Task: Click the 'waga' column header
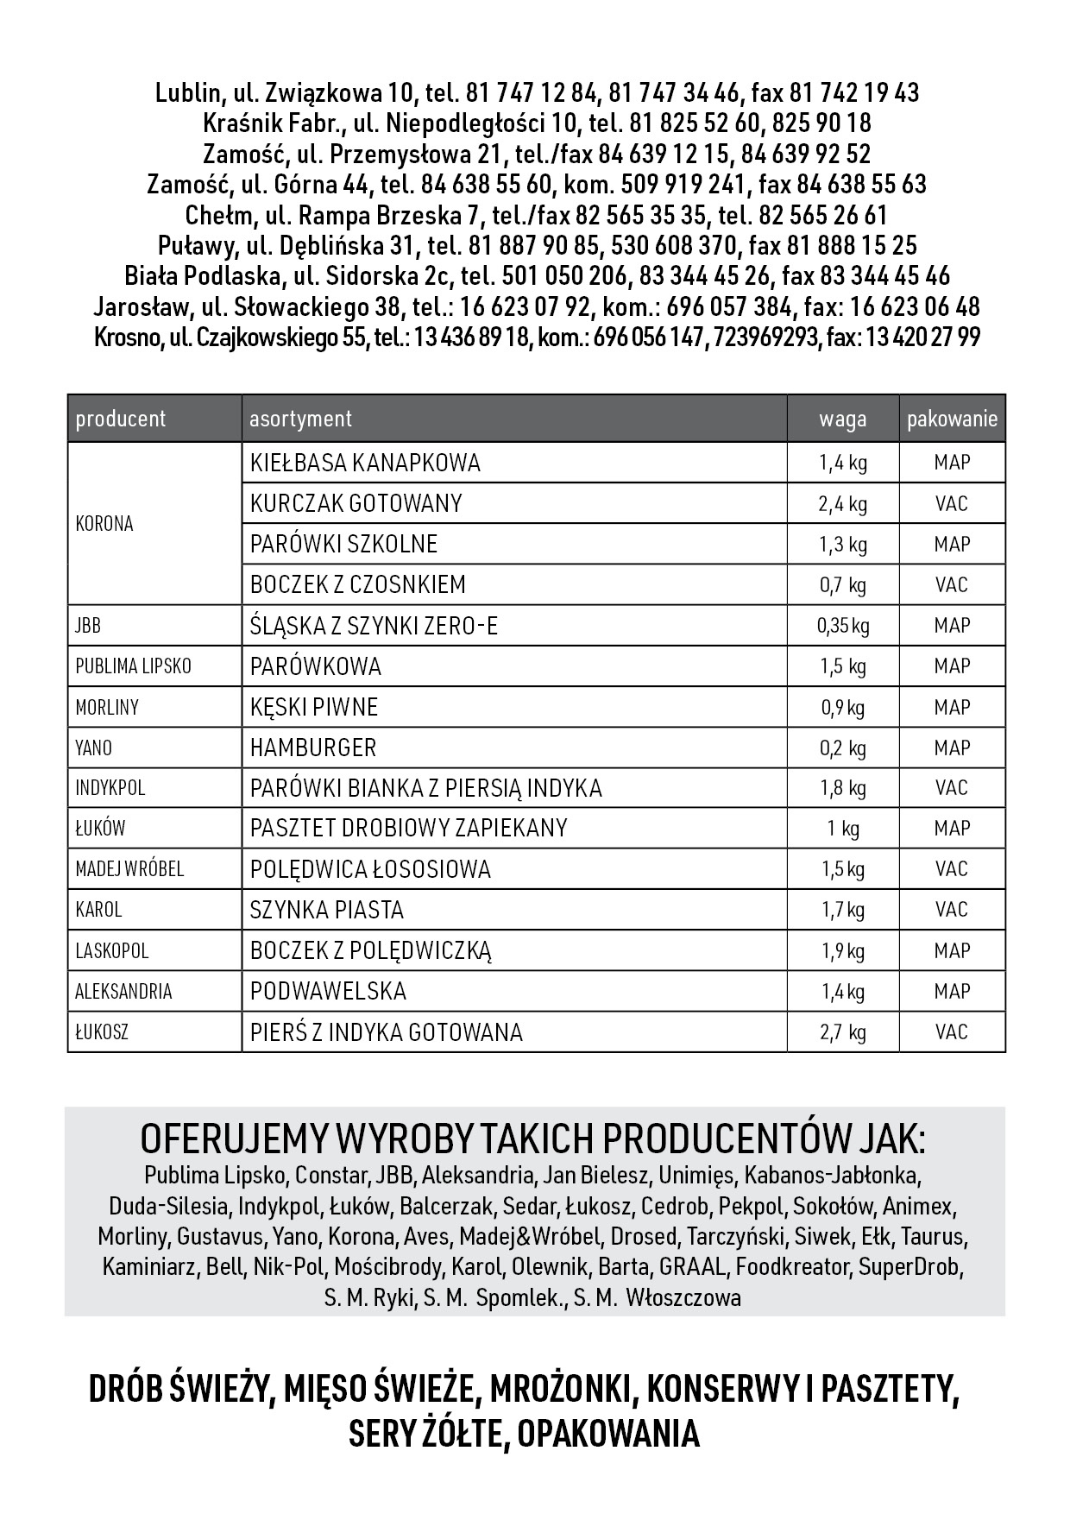(842, 420)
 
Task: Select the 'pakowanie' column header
(952, 420)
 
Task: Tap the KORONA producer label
(104, 524)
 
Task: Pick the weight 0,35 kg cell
(842, 626)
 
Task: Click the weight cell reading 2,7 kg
(842, 1032)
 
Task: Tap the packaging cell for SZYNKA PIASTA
(952, 910)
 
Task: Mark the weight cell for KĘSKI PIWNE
(842, 708)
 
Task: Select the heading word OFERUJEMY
(234, 1140)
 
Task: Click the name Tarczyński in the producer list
(734, 1237)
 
